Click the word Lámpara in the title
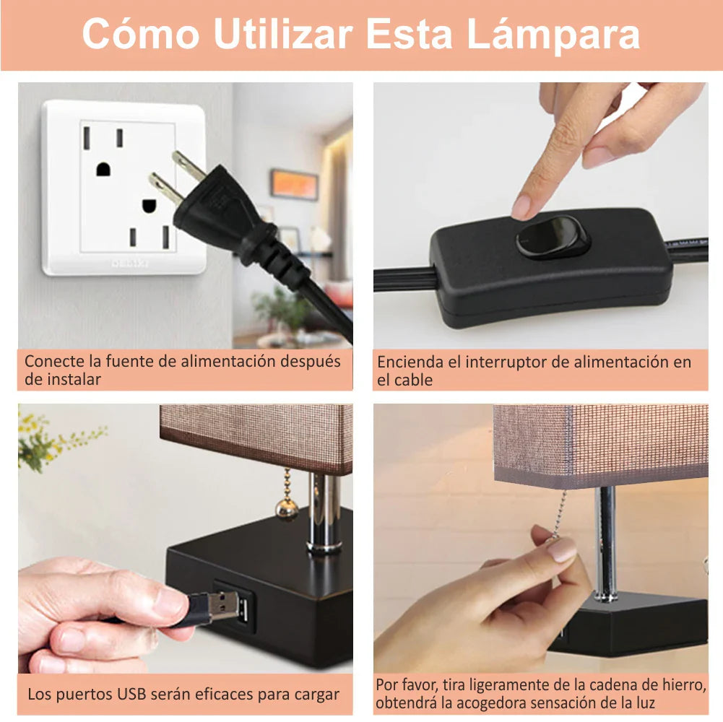[553, 35]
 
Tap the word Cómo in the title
[141, 33]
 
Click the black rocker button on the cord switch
[553, 237]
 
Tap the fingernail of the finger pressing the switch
[521, 207]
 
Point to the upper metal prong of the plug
[188, 166]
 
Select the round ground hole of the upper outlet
[103, 169]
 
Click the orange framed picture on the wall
[294, 184]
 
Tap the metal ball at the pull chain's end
[287, 509]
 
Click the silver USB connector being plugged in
[223, 605]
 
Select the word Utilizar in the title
[283, 33]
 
